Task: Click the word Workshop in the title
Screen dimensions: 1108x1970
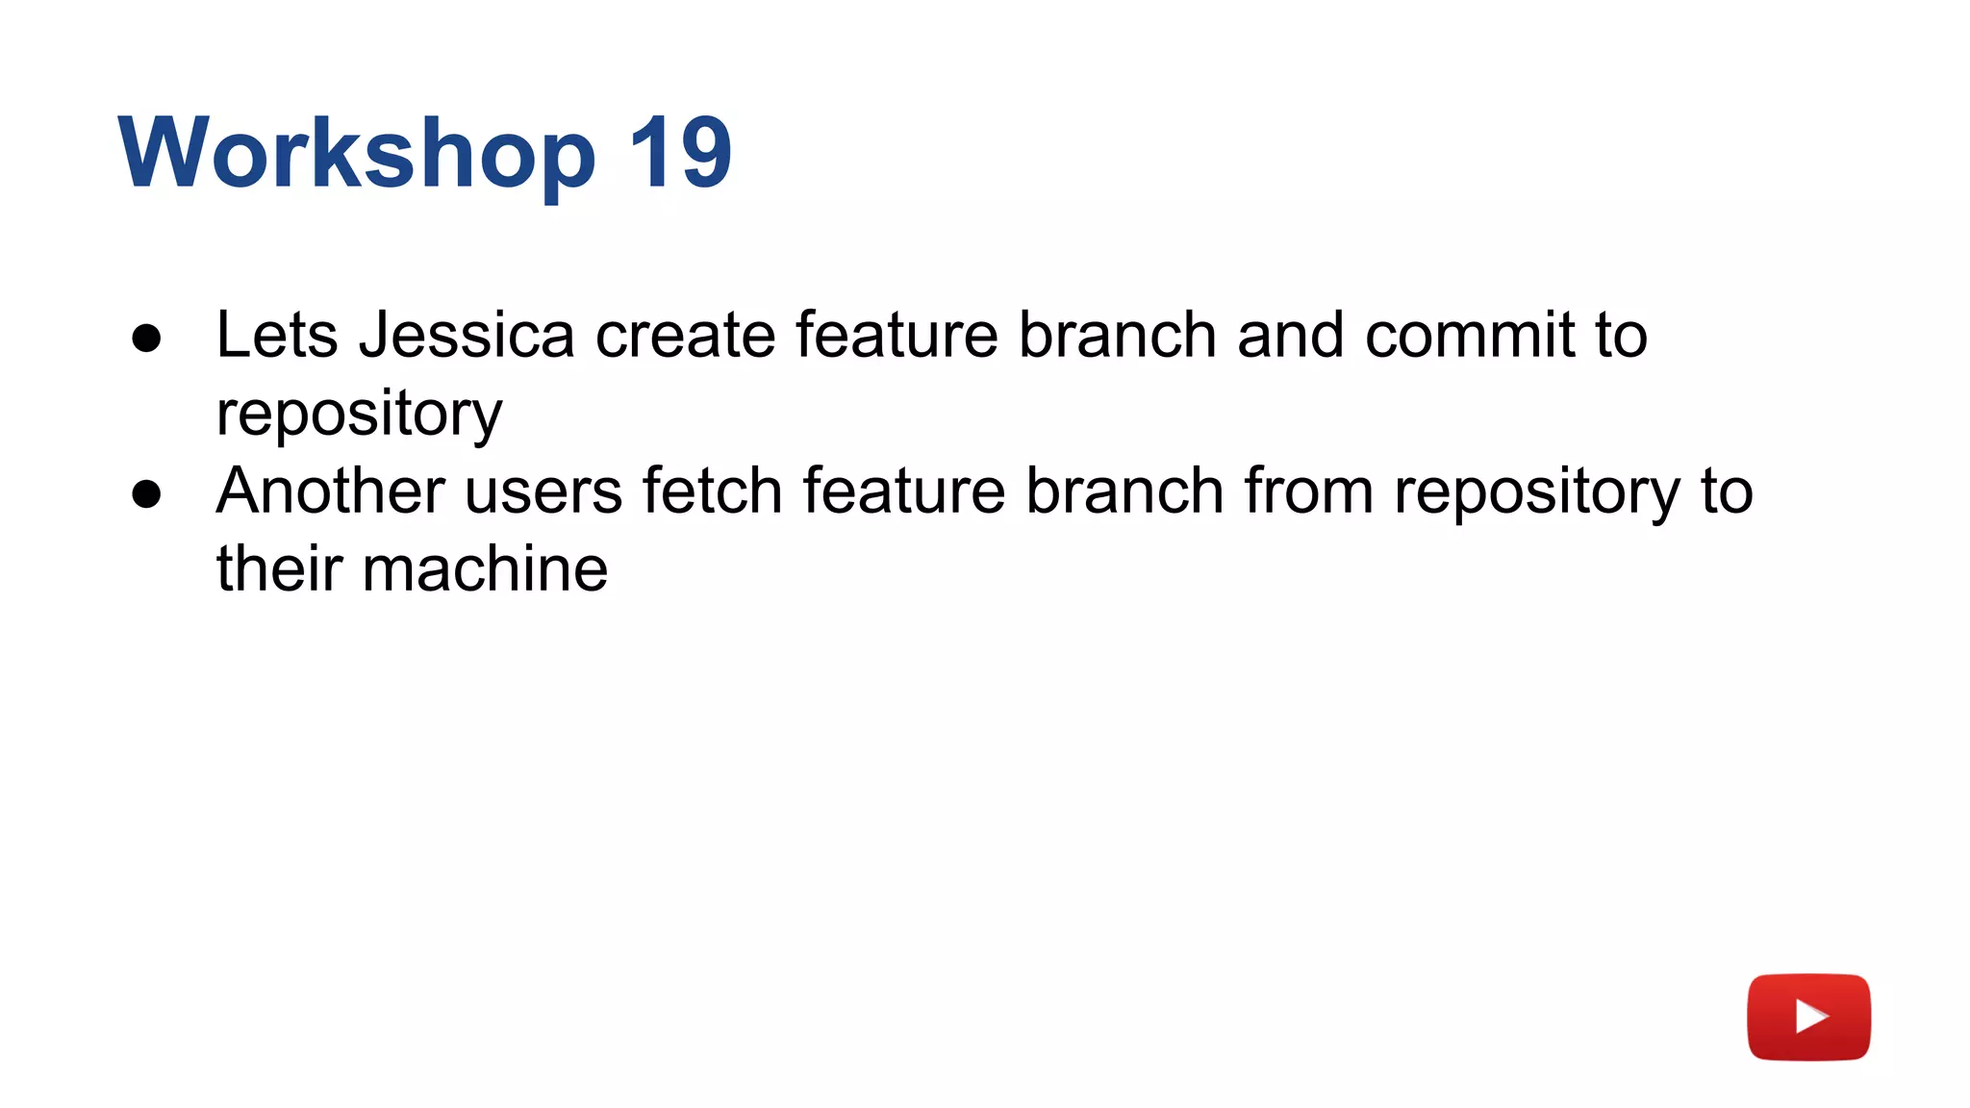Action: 357,153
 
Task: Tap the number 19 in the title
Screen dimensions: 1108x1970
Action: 680,153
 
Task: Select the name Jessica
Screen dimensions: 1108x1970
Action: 467,336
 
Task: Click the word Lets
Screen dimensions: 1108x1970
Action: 277,336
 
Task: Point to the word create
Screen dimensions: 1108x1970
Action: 685,336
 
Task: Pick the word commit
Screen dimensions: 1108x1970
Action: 1469,336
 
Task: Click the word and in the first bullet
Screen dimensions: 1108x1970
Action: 1290,336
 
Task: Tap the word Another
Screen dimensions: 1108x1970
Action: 330,491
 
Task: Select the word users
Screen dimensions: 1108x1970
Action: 543,491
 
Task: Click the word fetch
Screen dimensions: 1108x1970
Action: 712,491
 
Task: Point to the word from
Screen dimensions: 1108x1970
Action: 1308,491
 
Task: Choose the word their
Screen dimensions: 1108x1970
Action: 279,569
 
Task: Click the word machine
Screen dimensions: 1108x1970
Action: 485,569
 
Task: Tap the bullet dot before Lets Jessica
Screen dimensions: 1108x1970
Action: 146,339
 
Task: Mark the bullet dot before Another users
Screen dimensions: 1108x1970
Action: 146,494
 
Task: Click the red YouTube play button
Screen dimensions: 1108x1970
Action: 1808,1017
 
